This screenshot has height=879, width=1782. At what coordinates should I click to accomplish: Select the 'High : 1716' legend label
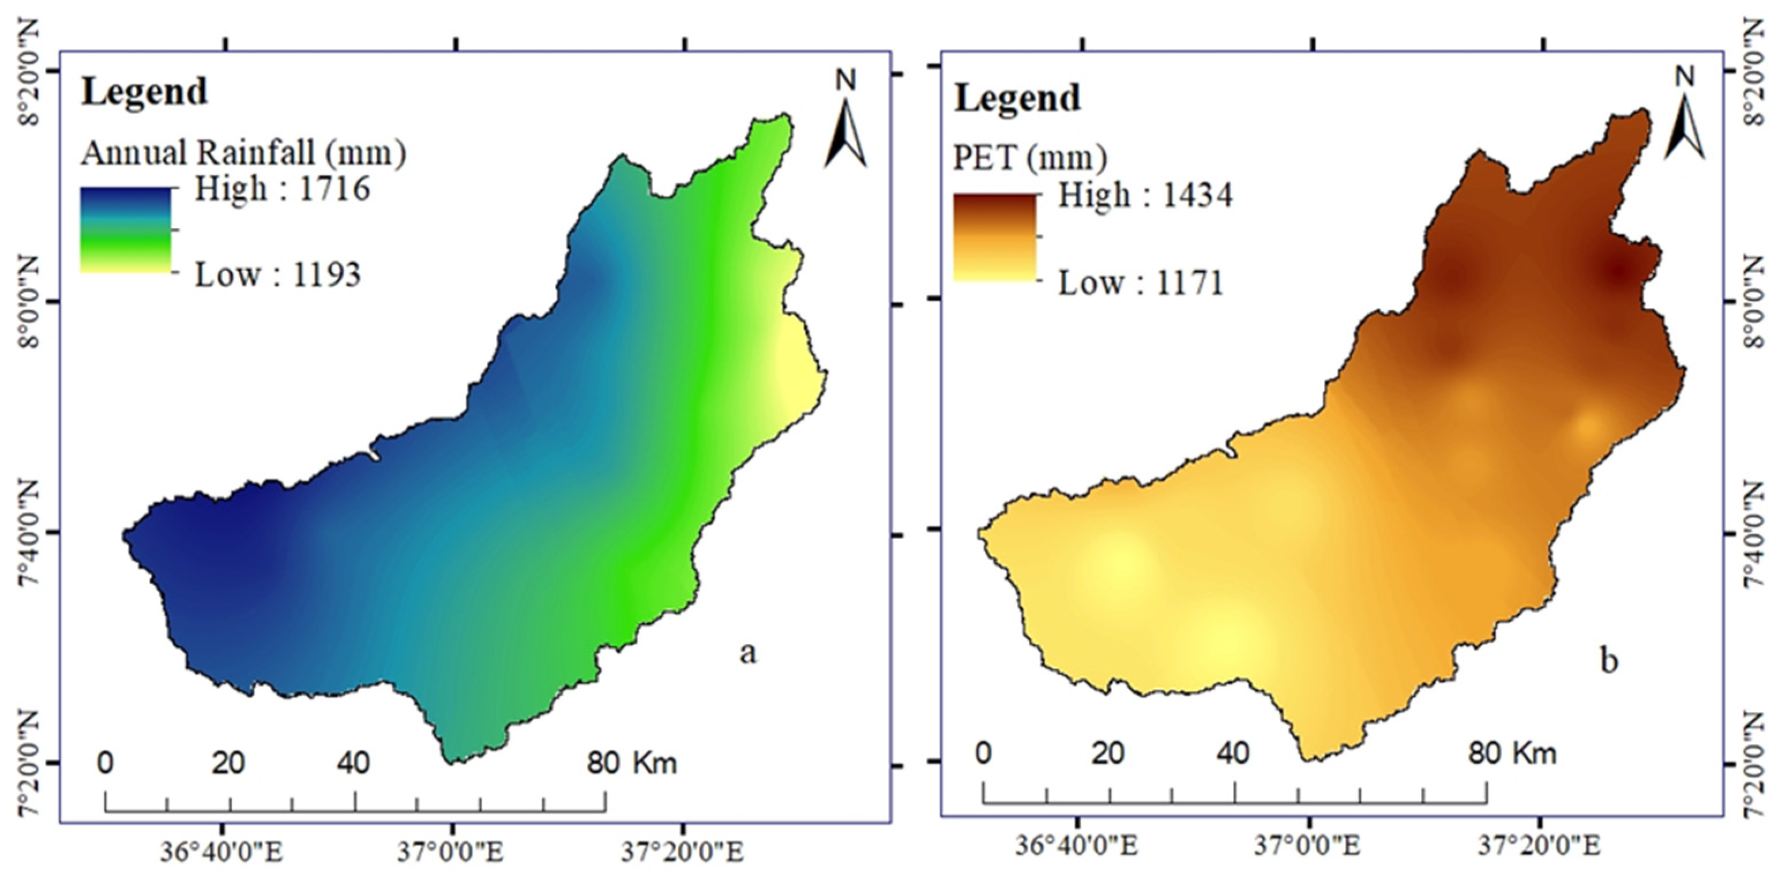282,189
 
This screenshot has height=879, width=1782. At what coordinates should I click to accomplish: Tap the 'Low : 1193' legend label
278,276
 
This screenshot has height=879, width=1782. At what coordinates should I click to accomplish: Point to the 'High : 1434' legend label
1145,196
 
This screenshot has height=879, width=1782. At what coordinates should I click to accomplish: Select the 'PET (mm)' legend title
1030,159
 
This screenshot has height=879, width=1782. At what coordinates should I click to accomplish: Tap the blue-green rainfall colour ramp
125,229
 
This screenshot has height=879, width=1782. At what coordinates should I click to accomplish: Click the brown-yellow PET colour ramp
995,237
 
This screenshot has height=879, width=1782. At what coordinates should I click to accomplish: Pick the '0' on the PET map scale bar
984,752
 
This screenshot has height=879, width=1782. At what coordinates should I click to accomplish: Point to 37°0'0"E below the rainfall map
450,852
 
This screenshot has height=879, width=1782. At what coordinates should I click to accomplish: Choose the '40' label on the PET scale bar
1234,752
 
